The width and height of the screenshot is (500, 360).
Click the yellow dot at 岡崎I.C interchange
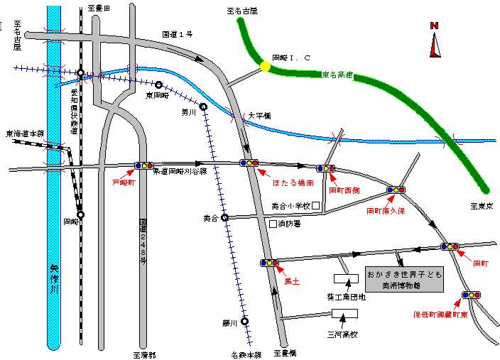265,66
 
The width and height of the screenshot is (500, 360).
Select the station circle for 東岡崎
158,84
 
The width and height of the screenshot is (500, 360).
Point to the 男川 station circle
203,107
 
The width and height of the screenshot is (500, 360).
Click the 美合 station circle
224,218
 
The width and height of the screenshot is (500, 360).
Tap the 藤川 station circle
244,321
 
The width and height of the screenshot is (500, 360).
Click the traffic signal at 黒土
269,263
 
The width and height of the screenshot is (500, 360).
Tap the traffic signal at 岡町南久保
396,190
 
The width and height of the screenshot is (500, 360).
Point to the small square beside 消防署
273,224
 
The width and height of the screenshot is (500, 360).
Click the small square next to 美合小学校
316,206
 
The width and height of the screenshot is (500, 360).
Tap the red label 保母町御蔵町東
440,313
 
